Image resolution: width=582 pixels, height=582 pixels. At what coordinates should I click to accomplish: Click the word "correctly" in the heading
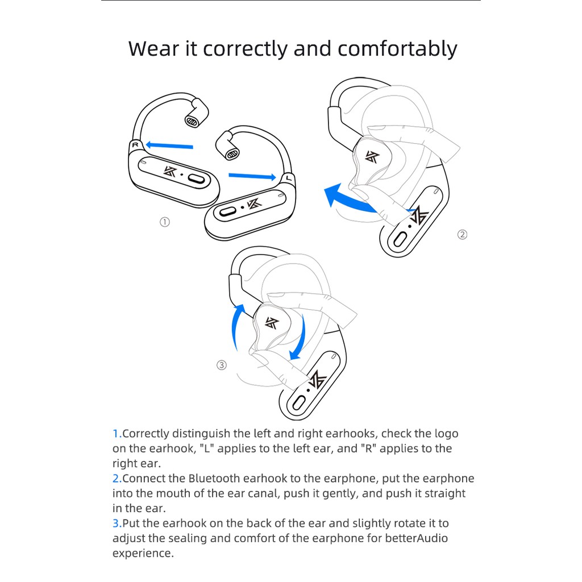(244, 49)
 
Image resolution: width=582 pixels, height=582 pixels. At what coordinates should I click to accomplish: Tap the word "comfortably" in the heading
(397, 49)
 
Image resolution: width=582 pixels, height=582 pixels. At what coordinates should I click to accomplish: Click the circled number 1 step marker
(165, 222)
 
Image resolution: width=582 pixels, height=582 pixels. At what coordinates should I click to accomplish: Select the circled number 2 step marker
(462, 235)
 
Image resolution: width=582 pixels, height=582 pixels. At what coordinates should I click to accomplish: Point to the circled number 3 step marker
(222, 365)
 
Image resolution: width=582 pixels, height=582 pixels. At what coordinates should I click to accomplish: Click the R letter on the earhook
(135, 145)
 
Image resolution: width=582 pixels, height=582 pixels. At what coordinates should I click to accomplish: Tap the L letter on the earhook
(289, 178)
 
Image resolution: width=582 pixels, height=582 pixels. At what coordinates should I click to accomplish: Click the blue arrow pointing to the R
(169, 145)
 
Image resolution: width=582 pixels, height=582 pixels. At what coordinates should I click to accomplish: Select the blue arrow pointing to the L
(252, 176)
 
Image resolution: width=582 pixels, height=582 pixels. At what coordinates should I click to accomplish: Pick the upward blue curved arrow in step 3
(235, 327)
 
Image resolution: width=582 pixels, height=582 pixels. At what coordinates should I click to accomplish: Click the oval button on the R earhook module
(196, 179)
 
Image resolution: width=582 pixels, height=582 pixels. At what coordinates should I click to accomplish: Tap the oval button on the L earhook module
(227, 211)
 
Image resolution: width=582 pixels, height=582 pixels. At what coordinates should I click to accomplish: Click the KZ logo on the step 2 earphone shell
(372, 157)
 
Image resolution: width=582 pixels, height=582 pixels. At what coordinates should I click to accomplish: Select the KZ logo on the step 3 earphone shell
(272, 323)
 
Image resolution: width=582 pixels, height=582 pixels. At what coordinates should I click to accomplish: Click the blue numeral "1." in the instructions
(117, 434)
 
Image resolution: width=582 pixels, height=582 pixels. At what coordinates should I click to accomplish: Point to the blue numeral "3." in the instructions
(117, 523)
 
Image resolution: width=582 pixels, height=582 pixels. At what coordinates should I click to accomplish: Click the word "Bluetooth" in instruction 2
(214, 479)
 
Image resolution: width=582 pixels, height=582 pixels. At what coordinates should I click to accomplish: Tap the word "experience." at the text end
(143, 554)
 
